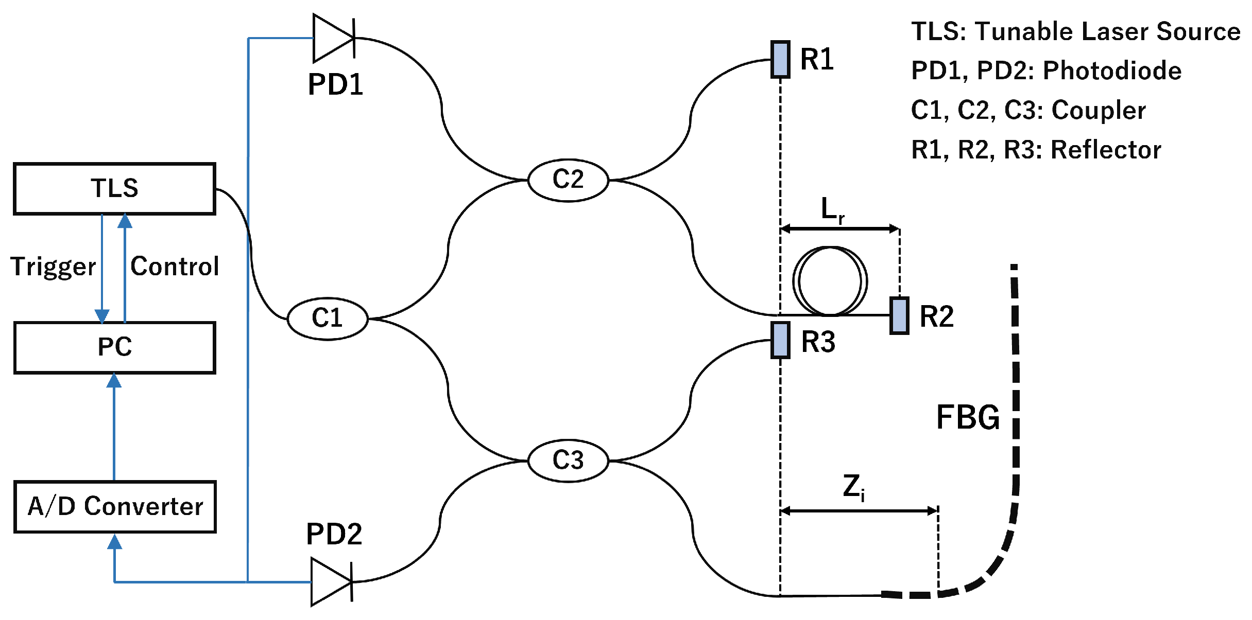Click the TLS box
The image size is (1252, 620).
(114, 188)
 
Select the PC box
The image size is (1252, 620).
(114, 347)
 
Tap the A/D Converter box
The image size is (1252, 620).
(115, 506)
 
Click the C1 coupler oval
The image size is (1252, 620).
(328, 318)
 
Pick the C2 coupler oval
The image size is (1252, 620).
(568, 180)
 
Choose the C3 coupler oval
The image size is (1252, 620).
(568, 460)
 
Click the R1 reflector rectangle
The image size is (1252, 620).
(780, 60)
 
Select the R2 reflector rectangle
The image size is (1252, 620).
(899, 315)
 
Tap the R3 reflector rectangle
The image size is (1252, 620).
(780, 340)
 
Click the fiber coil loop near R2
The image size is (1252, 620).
(830, 281)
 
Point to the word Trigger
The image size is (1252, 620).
(53, 267)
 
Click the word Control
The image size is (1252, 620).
(175, 267)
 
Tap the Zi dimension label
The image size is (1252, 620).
(853, 487)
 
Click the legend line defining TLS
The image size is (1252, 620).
(1075, 31)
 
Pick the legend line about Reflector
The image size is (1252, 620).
(1036, 150)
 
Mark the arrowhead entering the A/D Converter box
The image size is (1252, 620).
(114, 541)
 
